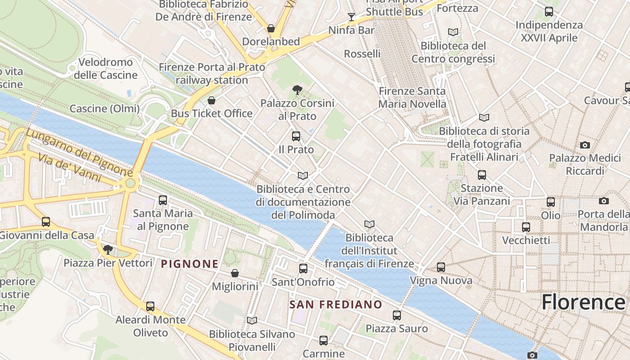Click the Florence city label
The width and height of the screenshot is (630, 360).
point(583,301)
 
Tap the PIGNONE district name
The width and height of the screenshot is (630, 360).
point(190,264)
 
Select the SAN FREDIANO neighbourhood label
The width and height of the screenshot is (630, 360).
point(336,305)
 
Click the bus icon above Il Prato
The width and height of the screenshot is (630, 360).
point(296,136)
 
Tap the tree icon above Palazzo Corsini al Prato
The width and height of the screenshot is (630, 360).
point(297,90)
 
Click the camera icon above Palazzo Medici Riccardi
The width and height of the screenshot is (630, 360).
point(585,145)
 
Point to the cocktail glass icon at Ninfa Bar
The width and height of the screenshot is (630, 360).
point(351,17)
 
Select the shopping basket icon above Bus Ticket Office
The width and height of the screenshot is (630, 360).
point(211,100)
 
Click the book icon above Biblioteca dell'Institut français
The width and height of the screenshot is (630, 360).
point(369,224)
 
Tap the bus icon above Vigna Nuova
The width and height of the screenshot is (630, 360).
point(441,267)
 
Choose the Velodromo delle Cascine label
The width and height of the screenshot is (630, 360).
point(106,68)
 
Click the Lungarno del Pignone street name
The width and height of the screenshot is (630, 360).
point(79,153)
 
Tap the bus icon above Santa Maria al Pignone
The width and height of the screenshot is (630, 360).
point(163,200)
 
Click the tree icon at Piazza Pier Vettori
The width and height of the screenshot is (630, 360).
point(108,249)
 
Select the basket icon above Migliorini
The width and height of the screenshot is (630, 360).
point(235,273)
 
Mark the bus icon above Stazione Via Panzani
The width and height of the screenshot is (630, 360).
point(482,175)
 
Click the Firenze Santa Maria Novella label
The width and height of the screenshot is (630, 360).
point(412,98)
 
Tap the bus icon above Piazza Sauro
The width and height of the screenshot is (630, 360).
point(396,315)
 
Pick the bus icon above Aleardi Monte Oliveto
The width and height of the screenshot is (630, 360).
point(150,306)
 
